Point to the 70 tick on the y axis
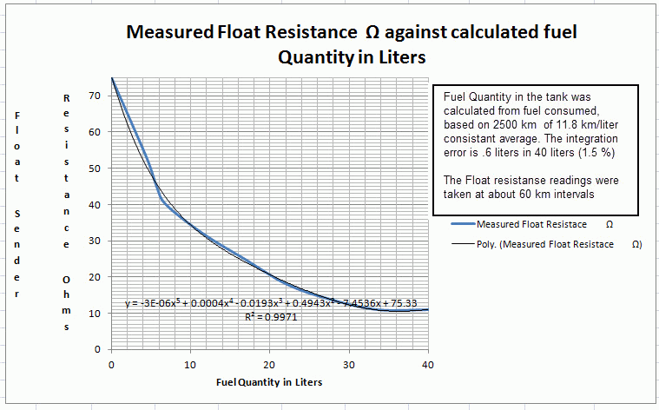tap(97, 96)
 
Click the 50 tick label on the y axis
tap(97, 169)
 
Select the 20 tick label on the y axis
tap(97, 277)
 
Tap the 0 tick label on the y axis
tap(100, 349)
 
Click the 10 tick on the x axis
tap(190, 365)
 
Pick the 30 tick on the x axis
tap(348, 365)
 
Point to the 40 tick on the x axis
tap(427, 365)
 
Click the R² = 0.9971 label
tap(273, 318)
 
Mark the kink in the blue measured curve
tap(161, 199)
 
